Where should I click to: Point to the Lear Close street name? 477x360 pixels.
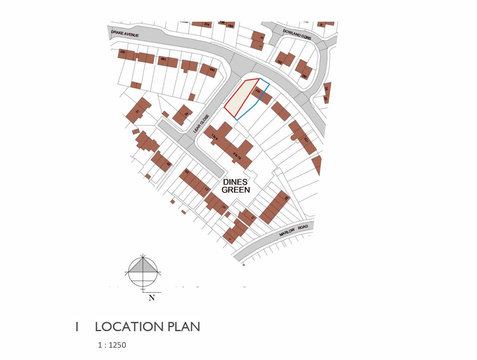pos(201,124)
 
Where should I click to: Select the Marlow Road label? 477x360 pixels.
pos(294,230)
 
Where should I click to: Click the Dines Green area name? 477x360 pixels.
pos(236,186)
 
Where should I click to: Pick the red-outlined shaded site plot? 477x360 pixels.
pos(241,97)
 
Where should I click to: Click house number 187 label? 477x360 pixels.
pos(257,90)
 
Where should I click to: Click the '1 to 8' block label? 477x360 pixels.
pos(214,138)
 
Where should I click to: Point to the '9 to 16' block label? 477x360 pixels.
pos(237,156)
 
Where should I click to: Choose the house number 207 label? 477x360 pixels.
pos(122,52)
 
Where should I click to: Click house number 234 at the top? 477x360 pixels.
pos(207,24)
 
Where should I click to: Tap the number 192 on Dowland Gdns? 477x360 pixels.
pos(280,62)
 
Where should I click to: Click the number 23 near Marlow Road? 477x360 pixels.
pos(286,198)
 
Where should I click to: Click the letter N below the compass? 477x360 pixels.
pos(152,298)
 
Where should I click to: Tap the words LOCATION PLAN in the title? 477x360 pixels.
pos(147,327)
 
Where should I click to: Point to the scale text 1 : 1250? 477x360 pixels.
pos(112,345)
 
